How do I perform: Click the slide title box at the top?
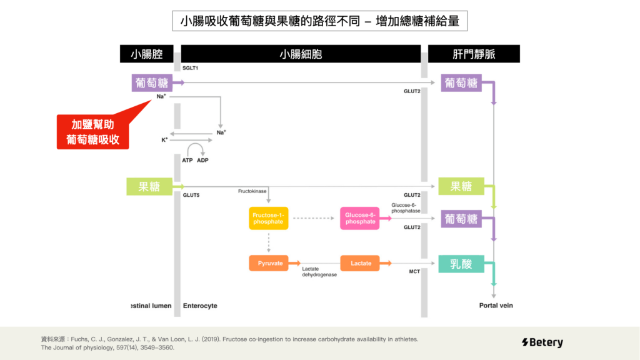319,21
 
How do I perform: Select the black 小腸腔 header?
146,54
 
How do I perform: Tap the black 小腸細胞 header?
301,54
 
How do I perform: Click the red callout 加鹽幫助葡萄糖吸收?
93,132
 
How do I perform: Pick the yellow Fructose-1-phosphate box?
269,218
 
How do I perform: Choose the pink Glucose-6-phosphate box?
360,218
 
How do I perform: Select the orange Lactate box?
361,263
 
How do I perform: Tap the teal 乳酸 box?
461,264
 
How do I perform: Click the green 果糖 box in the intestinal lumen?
149,186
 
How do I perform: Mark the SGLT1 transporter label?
190,67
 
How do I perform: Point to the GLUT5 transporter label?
191,195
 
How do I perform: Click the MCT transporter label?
414,272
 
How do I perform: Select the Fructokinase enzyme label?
252,191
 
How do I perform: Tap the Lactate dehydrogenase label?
319,272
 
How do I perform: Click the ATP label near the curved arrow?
187,161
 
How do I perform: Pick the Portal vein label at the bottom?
496,306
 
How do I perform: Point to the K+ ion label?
164,140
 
